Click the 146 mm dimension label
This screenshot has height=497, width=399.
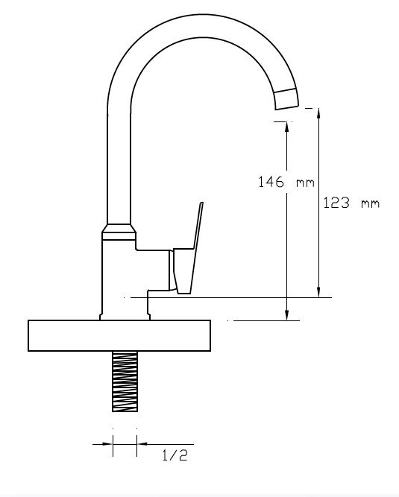click(x=286, y=182)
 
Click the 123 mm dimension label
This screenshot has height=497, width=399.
click(x=351, y=203)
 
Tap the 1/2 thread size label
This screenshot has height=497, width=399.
click(x=175, y=455)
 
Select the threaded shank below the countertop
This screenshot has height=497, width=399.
click(x=125, y=382)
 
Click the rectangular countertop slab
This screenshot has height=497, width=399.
click(x=119, y=335)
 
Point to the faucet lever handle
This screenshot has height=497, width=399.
click(x=188, y=248)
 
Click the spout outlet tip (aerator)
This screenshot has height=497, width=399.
click(x=286, y=99)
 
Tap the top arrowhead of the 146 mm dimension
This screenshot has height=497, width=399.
click(x=286, y=127)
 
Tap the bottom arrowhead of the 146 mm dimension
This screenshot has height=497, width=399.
click(x=286, y=314)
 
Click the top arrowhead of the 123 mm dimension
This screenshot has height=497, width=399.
click(x=318, y=114)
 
